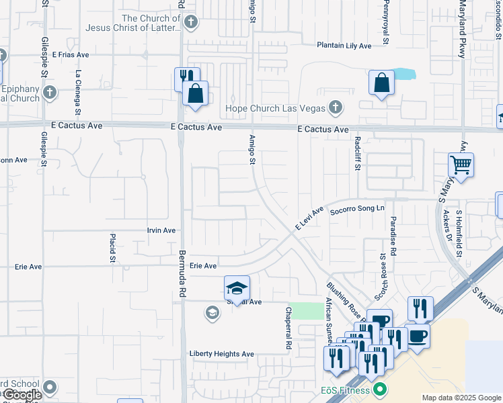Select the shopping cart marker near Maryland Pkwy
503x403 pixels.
pyautogui.click(x=461, y=164)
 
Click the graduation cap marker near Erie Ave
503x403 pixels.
pyautogui.click(x=237, y=288)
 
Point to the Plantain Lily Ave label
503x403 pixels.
pyautogui.click(x=344, y=46)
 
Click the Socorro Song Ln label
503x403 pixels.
pyautogui.click(x=356, y=210)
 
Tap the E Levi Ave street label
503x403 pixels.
pyautogui.click(x=309, y=218)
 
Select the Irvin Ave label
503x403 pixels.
pyautogui.click(x=161, y=230)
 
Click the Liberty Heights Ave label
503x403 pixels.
pyautogui.click(x=221, y=354)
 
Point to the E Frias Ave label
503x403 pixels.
pyautogui.click(x=69, y=54)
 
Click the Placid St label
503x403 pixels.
pyautogui.click(x=113, y=248)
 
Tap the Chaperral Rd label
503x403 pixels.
pyautogui.click(x=288, y=328)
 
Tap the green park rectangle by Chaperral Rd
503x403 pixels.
pyautogui.click(x=307, y=311)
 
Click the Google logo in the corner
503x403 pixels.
pyautogui.click(x=22, y=395)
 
